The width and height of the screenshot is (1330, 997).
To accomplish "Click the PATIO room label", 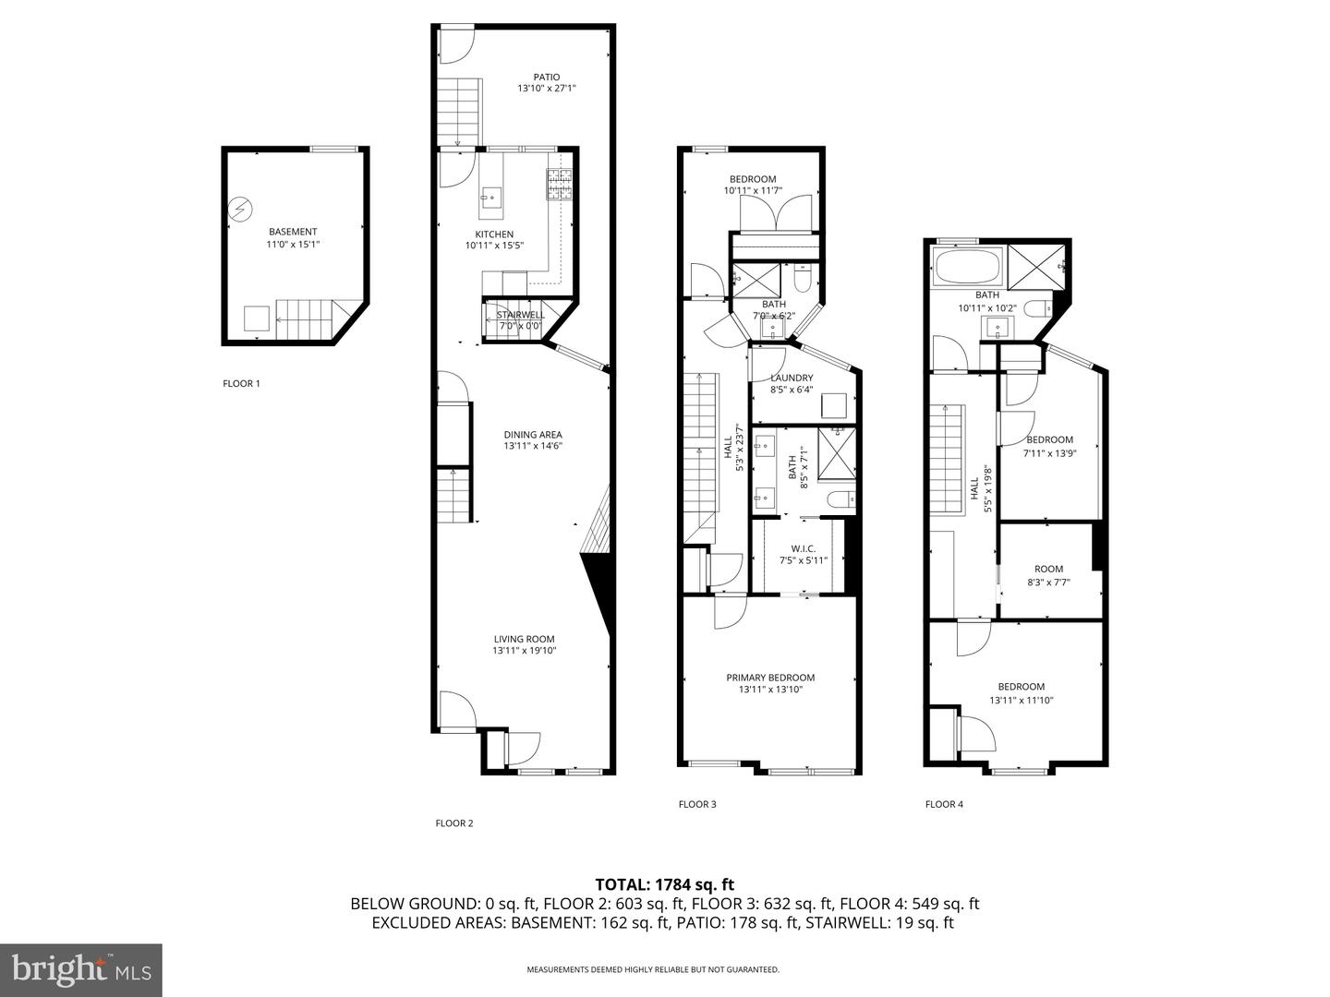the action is click(x=547, y=77).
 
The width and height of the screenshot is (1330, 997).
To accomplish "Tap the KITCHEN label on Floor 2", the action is click(x=494, y=234).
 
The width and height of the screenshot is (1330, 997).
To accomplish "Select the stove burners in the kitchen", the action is click(x=560, y=185).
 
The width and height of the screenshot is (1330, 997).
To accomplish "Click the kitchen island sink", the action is click(x=491, y=196).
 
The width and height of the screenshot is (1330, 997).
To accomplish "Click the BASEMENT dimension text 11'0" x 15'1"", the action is click(x=293, y=245).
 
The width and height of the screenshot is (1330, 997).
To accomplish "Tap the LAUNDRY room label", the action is click(x=792, y=378).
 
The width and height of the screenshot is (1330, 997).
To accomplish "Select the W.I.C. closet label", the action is click(x=803, y=548).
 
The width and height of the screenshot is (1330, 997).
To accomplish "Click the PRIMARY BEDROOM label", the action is click(x=770, y=678).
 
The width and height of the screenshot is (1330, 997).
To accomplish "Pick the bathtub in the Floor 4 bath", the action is click(x=969, y=268).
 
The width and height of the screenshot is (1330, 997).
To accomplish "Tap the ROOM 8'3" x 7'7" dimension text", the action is click(x=1048, y=583).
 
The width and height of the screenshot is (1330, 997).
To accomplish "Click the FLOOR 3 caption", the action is click(x=696, y=804).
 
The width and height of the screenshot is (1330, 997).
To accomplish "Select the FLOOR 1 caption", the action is click(x=241, y=383).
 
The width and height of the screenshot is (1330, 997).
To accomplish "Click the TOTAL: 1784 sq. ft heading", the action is click(x=665, y=884).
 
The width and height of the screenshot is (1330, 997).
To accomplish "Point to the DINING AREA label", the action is click(x=533, y=435).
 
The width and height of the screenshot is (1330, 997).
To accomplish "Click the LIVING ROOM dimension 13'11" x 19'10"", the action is click(x=524, y=651).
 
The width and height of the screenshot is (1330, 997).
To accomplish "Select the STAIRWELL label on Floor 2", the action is click(x=521, y=315).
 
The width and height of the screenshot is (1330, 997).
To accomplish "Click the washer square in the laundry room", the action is click(x=834, y=405).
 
